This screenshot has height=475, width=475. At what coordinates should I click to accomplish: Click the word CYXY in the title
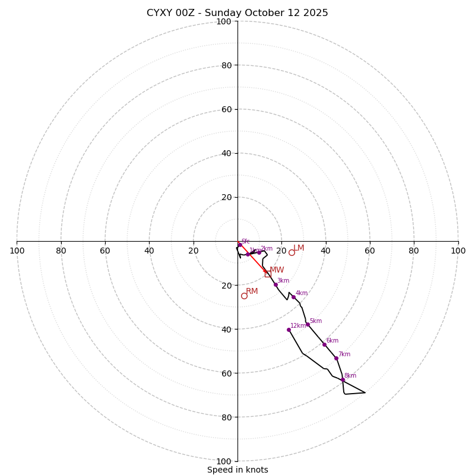tap(160, 13)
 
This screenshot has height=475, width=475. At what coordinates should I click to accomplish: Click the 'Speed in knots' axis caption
tap(237, 470)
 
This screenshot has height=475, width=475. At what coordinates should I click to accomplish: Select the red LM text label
tap(299, 248)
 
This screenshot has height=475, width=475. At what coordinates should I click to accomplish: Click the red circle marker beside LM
tap(292, 252)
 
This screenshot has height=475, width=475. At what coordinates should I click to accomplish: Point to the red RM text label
tap(252, 292)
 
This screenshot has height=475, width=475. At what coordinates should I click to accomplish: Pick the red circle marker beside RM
tap(244, 296)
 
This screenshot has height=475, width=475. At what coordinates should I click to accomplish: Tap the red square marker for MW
tap(268, 274)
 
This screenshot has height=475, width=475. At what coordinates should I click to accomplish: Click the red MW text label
tap(277, 270)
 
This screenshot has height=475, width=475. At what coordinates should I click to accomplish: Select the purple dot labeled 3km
tap(275, 284)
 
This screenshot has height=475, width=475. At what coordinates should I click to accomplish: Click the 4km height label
tap(302, 293)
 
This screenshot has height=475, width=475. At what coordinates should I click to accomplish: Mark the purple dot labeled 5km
tap(308, 324)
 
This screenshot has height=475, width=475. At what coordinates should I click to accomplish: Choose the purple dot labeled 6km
tap(324, 344)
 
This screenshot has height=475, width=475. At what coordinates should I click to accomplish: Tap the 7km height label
tap(344, 354)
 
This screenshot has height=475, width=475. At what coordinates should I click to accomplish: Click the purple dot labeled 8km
tap(343, 379)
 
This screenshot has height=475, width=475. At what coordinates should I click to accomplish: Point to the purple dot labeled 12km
tap(289, 330)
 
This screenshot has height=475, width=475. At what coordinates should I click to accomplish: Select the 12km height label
tap(298, 326)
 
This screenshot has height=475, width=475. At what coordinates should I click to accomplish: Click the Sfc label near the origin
tap(245, 242)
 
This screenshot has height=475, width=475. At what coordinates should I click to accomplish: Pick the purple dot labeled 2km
tap(259, 252)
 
